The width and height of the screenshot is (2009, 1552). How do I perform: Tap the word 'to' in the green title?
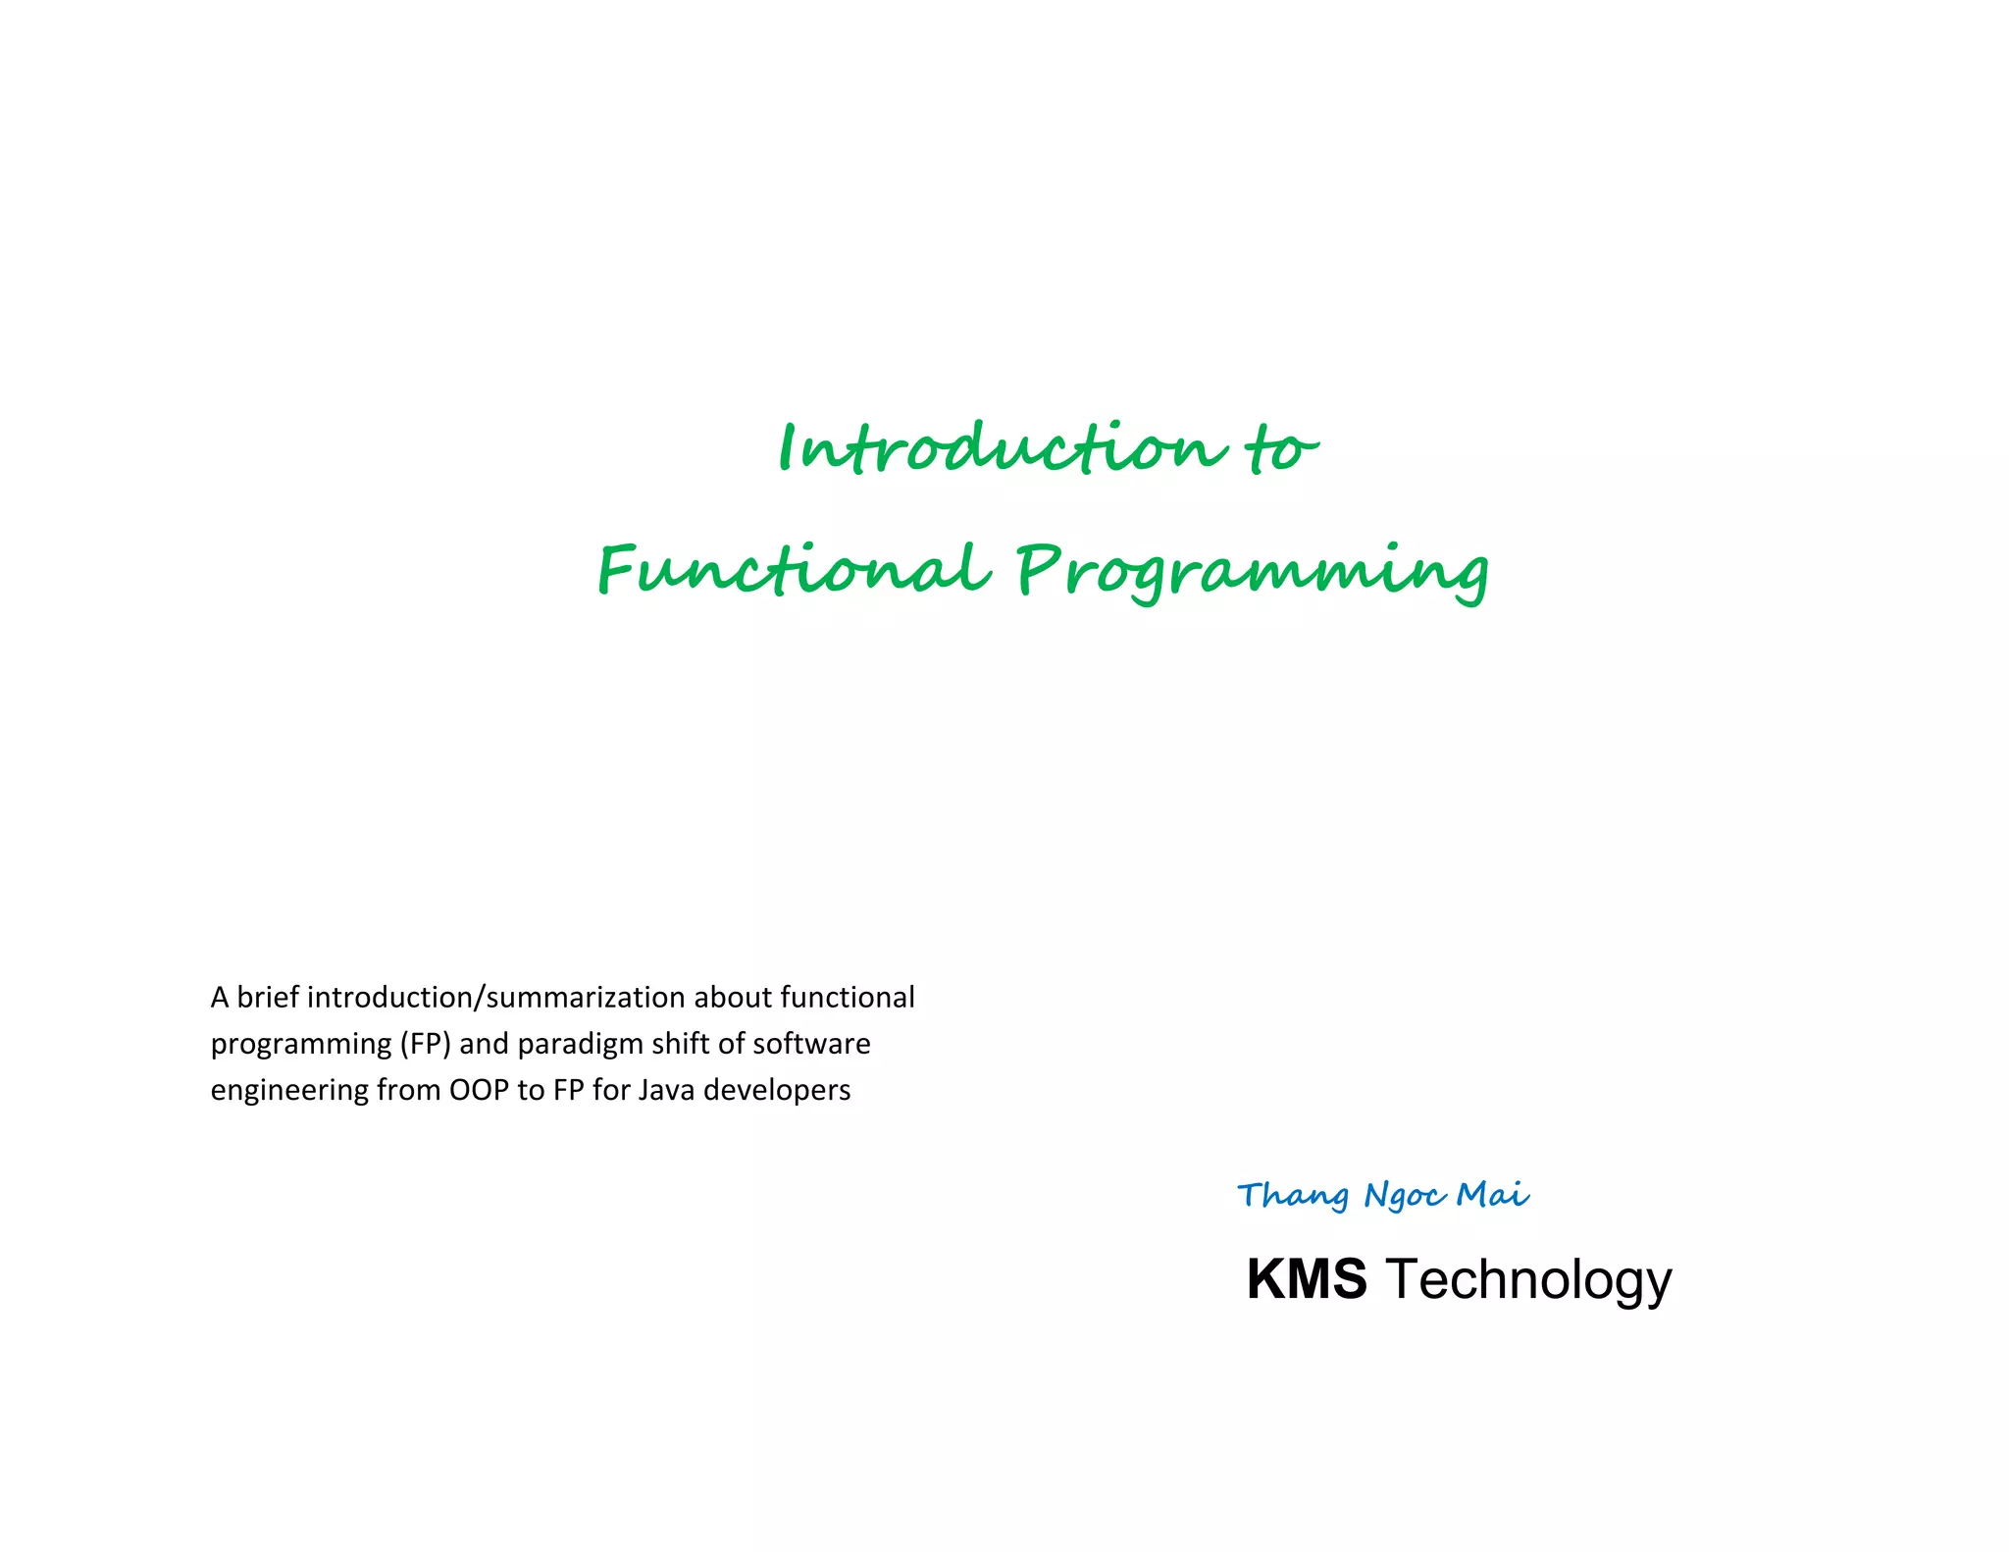tap(1281, 450)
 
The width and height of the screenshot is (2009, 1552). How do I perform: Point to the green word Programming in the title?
tap(1252, 571)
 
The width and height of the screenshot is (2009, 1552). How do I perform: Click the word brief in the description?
tap(268, 997)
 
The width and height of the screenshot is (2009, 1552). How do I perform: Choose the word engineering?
tap(289, 1091)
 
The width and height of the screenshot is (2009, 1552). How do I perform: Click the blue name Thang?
tap(1293, 1196)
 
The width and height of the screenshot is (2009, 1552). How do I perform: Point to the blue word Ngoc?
tap(1405, 1196)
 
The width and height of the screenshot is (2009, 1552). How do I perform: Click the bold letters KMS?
tap(1306, 1279)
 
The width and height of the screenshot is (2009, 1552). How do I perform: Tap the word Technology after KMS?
tap(1527, 1281)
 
